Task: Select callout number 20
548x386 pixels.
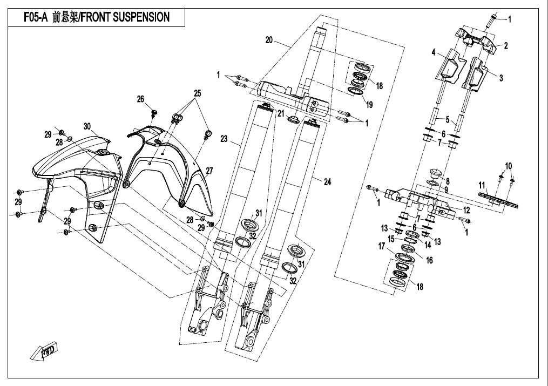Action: (x=270, y=40)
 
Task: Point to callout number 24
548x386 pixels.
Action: (x=327, y=182)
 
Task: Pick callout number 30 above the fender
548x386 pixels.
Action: (x=86, y=126)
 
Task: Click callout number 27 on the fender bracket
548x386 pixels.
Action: (x=209, y=171)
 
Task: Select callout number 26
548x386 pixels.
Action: (x=140, y=99)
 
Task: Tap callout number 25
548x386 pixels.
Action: (x=198, y=93)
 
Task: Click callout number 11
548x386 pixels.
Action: (x=482, y=185)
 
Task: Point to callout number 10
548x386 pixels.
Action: (x=508, y=165)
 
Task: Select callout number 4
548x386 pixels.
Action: (x=433, y=52)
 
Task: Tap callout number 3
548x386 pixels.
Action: (x=501, y=78)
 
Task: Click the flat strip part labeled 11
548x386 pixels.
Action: (x=499, y=201)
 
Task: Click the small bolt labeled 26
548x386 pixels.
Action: (x=155, y=112)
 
